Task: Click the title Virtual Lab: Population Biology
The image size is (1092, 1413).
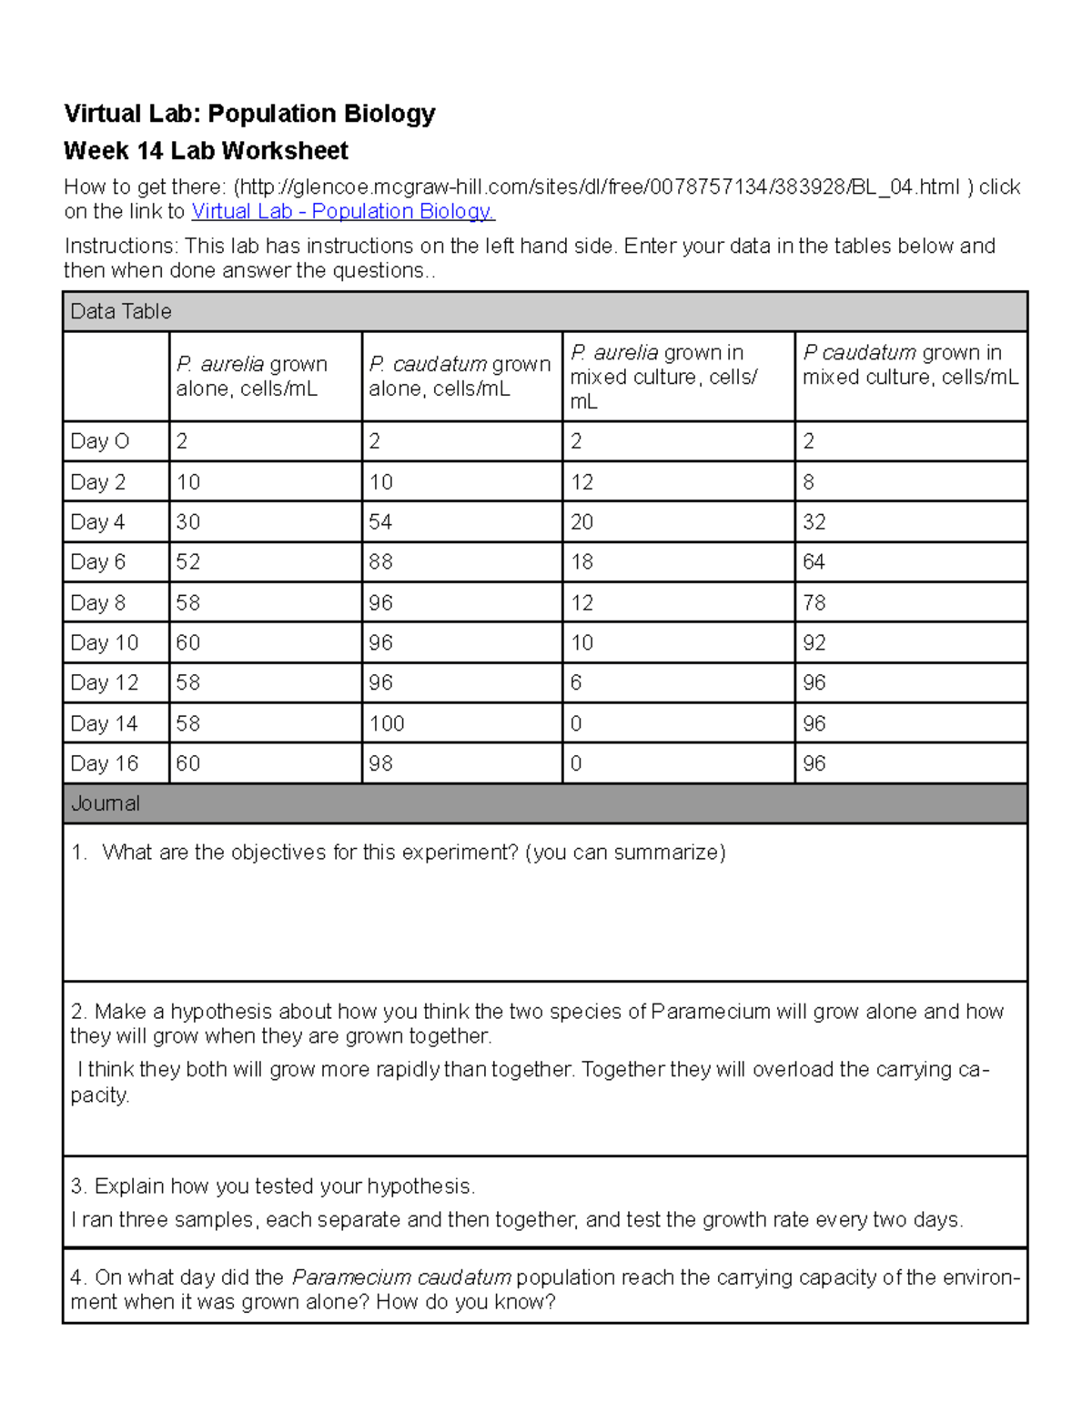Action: click(248, 114)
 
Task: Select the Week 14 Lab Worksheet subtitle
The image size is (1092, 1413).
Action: click(206, 151)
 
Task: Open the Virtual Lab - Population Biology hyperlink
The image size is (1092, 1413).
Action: click(342, 212)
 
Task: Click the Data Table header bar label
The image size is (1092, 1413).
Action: click(121, 312)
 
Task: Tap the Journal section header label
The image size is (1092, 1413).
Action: click(106, 804)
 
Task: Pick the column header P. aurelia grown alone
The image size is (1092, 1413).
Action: click(251, 377)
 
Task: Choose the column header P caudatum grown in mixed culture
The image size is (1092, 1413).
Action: click(909, 365)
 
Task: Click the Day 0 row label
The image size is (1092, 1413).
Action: click(100, 442)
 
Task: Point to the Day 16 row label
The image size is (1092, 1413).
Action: click(105, 764)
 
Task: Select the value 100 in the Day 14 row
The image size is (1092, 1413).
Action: click(387, 724)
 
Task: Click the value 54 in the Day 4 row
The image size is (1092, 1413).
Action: click(380, 522)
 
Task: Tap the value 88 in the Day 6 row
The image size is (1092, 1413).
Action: click(380, 562)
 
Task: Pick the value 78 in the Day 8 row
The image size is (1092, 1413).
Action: click(814, 603)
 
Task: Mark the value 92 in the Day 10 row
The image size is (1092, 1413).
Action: click(814, 643)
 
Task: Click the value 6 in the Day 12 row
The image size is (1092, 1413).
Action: click(576, 683)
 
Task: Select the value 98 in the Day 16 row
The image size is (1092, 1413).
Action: click(380, 764)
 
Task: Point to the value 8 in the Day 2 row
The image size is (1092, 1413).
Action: click(808, 482)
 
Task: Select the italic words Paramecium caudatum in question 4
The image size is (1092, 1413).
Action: click(401, 1277)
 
